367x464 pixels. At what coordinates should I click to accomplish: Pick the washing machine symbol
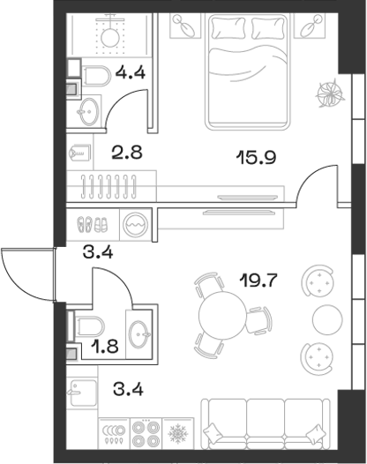click(x=136, y=223)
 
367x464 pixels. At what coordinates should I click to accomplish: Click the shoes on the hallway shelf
click(x=91, y=223)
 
